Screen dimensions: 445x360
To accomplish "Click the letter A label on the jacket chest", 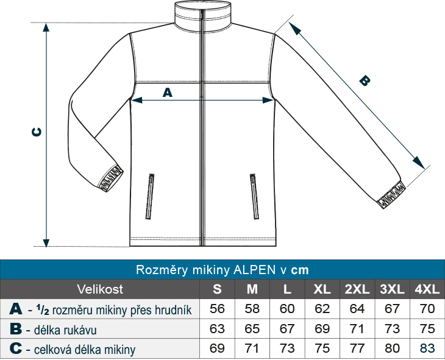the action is (168, 93).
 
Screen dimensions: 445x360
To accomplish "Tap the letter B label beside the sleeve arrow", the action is (365, 80).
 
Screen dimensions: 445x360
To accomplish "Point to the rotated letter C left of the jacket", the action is (37, 132).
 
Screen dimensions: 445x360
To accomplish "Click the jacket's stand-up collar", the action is (202, 15).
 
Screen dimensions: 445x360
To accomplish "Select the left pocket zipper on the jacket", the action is (150, 196).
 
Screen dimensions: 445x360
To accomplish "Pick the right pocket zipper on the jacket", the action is (254, 196).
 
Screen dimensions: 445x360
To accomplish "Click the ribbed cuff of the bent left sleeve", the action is (111, 178).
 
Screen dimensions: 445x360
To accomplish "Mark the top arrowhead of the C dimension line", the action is (46, 27).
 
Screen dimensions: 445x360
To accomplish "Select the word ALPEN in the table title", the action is (254, 270).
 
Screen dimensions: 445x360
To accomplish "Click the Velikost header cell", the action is (100, 289).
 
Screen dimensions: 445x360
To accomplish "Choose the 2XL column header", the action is (357, 289).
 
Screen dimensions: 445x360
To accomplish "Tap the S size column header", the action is (217, 289).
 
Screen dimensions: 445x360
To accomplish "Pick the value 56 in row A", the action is (217, 309).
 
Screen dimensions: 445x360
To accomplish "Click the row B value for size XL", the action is (322, 329).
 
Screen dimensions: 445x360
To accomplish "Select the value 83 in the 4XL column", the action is (427, 348).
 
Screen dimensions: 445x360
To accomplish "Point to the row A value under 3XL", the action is (392, 309).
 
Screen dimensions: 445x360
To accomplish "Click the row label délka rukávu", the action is (65, 330).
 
